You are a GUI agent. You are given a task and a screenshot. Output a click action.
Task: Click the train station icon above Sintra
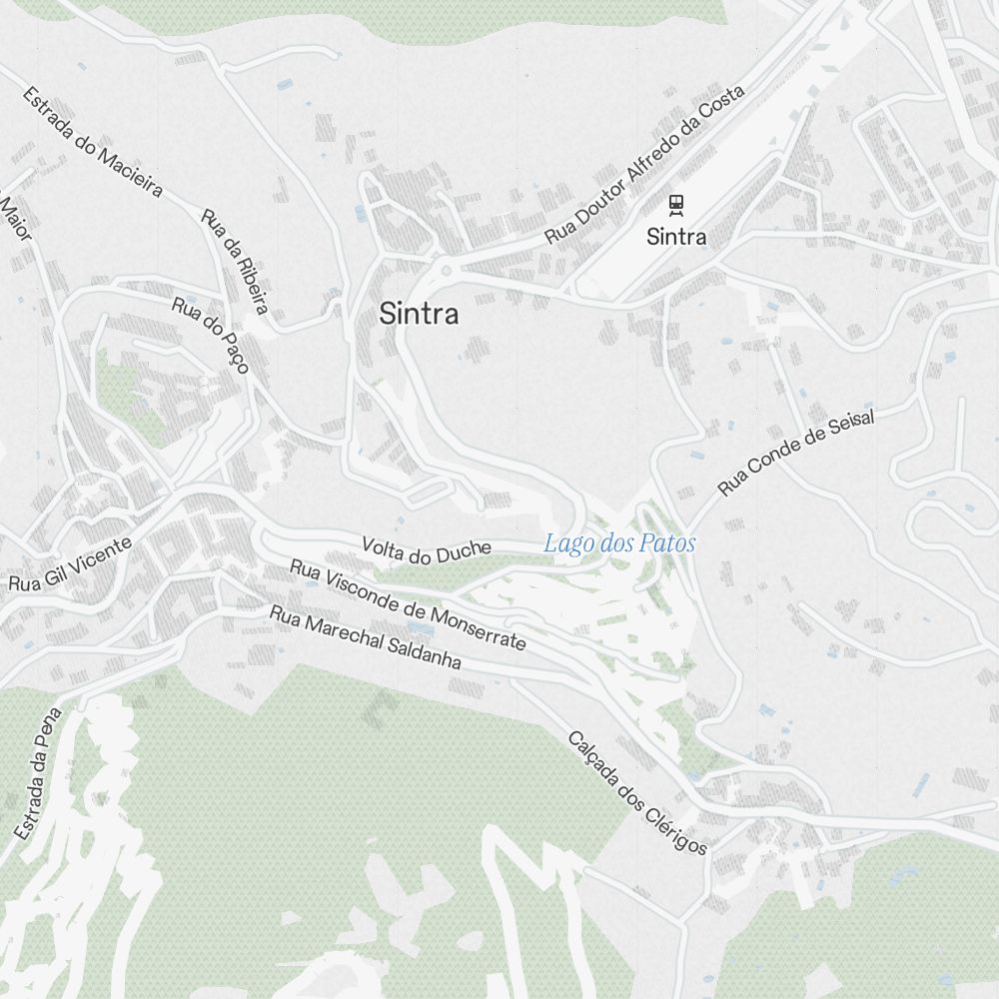pos(676,205)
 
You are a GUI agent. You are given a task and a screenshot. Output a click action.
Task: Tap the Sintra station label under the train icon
pos(676,237)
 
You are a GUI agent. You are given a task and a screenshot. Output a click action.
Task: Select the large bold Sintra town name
pos(419,314)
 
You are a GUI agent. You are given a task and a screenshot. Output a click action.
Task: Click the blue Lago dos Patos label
pos(619,543)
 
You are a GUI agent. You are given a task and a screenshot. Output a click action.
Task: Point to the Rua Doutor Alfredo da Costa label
pos(644,165)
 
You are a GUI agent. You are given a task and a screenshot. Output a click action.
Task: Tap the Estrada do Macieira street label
pos(92,141)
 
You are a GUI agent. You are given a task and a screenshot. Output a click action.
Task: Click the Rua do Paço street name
pos(210,334)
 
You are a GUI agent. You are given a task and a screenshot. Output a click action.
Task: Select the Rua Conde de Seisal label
pos(796,453)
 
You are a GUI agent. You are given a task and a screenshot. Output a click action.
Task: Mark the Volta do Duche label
pos(427,549)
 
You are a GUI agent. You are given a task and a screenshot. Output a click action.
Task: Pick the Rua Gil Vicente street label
pos(70,564)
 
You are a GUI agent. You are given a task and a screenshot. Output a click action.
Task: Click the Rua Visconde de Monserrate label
pos(408,604)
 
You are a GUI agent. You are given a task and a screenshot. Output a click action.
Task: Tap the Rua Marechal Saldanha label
pos(366,637)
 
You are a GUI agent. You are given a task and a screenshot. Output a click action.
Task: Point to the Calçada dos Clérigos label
pos(637,793)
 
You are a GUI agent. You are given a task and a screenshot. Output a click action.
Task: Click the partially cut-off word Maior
pos(16,217)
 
